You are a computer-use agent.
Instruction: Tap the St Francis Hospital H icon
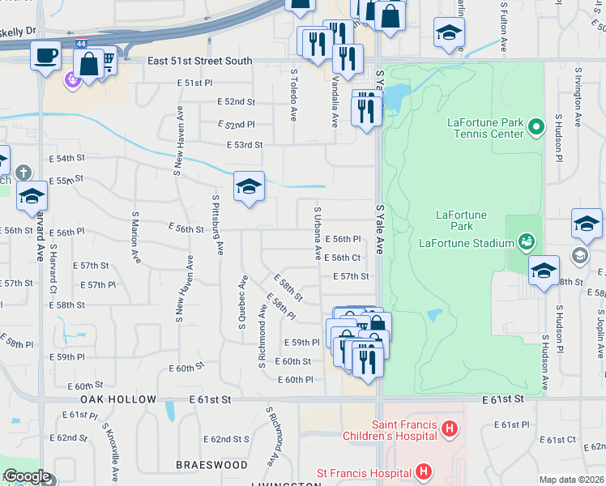tap(422, 471)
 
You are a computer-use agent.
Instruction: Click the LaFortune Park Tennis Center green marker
tap(535, 126)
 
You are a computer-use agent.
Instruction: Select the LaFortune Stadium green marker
tap(527, 241)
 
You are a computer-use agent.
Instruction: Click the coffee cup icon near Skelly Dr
tap(45, 55)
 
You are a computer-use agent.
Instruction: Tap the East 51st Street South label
tap(199, 61)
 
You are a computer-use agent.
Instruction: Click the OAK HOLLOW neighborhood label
tap(118, 400)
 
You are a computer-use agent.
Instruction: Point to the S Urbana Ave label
tap(318, 232)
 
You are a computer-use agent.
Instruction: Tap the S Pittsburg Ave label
tap(218, 225)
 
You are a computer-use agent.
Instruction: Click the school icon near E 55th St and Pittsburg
tap(249, 186)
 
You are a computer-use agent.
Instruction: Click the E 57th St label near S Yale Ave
tap(352, 276)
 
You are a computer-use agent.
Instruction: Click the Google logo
tap(26, 476)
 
